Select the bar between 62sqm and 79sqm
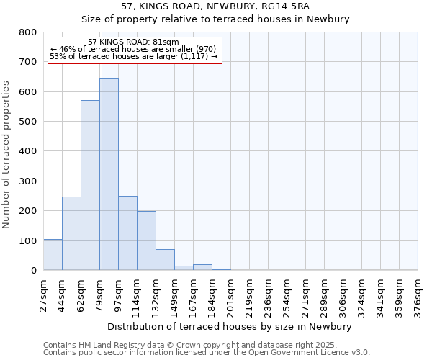(x=90, y=185)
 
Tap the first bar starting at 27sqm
(x=53, y=255)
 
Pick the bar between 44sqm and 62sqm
(x=71, y=233)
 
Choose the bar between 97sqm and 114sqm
(x=127, y=233)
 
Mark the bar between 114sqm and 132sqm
(x=146, y=240)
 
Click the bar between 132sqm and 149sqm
(x=165, y=260)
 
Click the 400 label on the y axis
(x=27, y=151)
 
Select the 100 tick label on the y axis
(x=27, y=240)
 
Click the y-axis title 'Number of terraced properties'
(x=6, y=155)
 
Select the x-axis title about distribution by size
(x=230, y=326)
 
